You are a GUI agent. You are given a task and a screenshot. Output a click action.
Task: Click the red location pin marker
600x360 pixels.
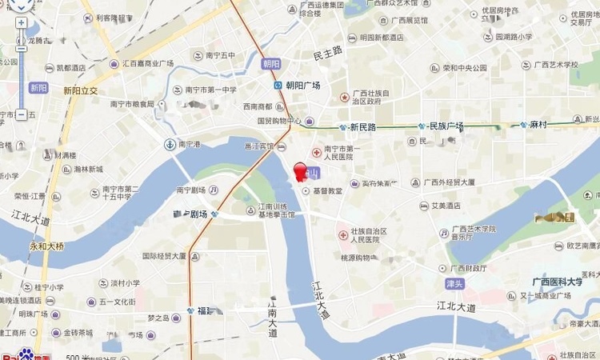point(301,172)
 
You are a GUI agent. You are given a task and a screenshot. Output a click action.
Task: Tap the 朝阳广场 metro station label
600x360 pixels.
point(302,85)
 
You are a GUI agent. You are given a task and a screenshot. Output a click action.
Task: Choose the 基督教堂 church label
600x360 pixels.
point(327,191)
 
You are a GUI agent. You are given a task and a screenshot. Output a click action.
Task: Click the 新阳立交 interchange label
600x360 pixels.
point(80,91)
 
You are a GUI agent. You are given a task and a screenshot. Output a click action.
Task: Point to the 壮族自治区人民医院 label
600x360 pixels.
point(364,235)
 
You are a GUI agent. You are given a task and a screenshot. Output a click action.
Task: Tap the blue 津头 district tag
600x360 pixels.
point(455,284)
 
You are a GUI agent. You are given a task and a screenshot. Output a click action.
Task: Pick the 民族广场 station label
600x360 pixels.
point(446,126)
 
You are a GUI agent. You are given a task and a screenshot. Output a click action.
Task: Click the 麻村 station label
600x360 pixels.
point(537,125)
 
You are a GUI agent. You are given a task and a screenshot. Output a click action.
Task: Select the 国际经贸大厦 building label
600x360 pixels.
point(164,257)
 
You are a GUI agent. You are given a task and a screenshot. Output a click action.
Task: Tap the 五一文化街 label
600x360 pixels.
point(118,302)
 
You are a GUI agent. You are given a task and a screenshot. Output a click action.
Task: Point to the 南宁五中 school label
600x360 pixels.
point(220,55)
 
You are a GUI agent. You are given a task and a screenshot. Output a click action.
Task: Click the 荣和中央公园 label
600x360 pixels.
point(465,68)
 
